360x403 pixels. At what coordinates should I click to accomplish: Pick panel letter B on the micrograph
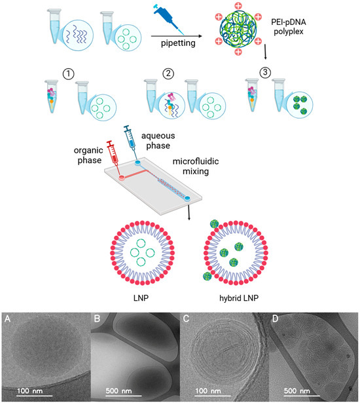pyautogui.click(x=97, y=321)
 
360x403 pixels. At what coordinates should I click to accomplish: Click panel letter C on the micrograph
pyautogui.click(x=187, y=321)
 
